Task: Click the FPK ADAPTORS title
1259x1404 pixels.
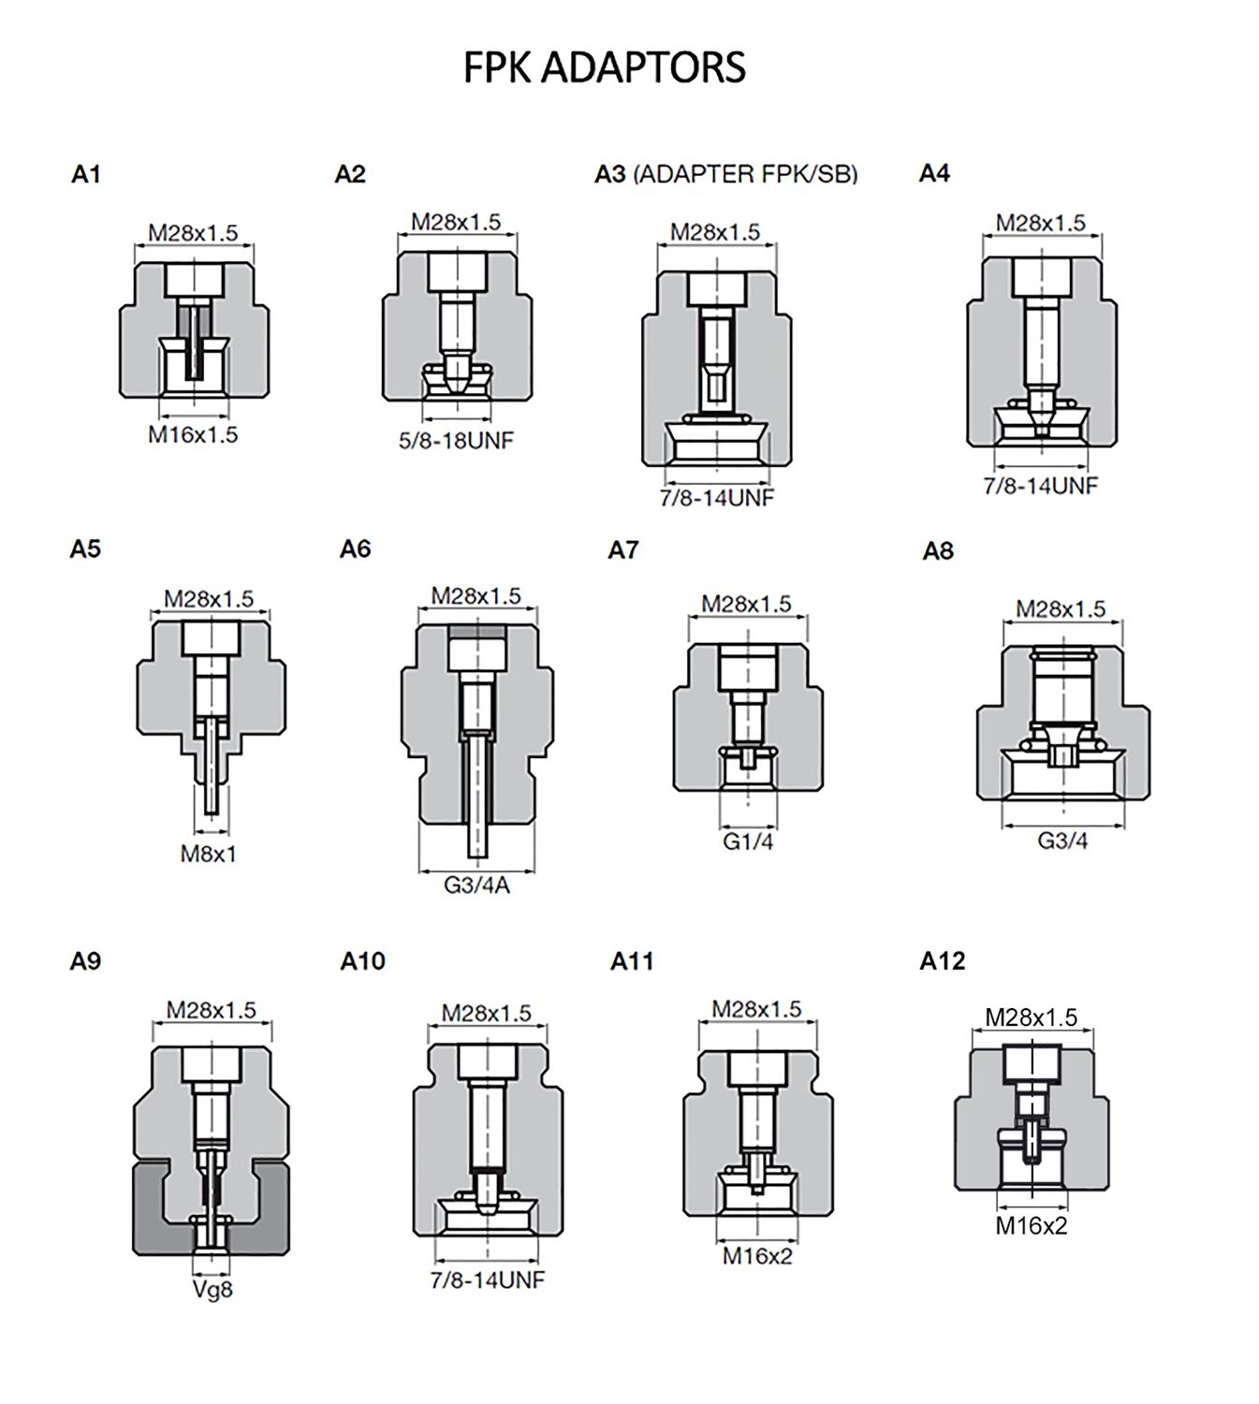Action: click(604, 67)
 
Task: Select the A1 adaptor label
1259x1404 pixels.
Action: click(86, 174)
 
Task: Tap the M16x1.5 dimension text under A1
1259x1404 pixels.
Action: click(193, 434)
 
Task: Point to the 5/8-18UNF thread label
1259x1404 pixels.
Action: click(456, 440)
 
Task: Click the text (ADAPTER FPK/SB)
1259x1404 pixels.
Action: click(745, 174)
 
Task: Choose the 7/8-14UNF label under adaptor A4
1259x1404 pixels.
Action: click(1041, 486)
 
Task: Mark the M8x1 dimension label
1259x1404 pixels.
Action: click(209, 854)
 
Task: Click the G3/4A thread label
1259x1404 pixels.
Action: click(477, 885)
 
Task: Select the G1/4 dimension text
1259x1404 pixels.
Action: click(748, 841)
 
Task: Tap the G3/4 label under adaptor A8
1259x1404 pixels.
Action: click(1062, 841)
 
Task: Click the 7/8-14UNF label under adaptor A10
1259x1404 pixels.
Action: click(488, 1280)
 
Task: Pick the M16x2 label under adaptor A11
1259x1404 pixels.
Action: click(757, 1256)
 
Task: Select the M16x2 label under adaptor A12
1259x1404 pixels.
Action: click(1032, 1226)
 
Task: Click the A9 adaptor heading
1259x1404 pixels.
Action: click(86, 961)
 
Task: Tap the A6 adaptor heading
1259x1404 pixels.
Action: click(356, 549)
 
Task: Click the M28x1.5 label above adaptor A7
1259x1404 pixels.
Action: click(746, 604)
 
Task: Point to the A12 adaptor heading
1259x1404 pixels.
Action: click(943, 960)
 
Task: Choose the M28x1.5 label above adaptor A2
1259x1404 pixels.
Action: click(456, 222)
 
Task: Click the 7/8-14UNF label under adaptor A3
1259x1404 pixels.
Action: click(717, 498)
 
